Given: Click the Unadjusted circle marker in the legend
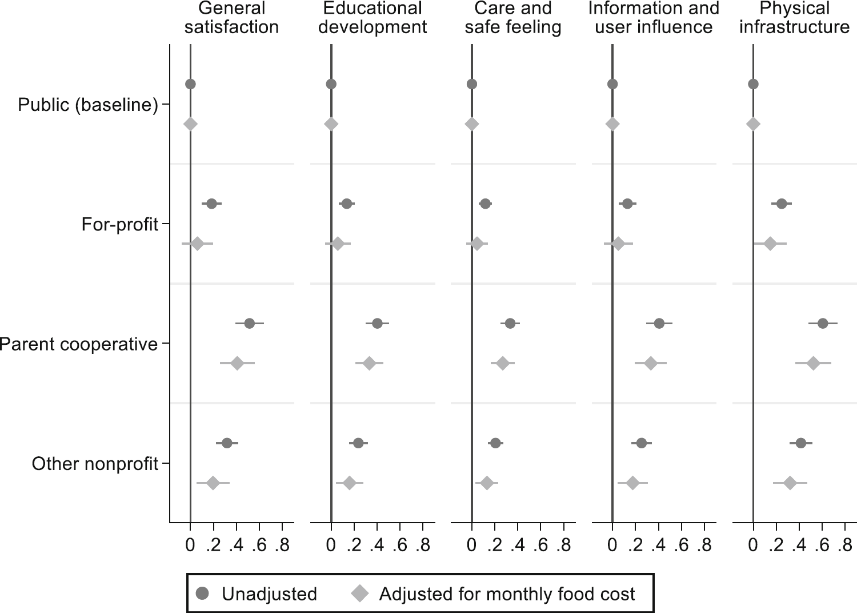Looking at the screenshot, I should (x=202, y=594).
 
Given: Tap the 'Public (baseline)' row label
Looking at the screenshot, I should (x=88, y=105).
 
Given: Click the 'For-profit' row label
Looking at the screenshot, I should (x=119, y=224).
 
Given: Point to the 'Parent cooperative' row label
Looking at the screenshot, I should (x=78, y=344).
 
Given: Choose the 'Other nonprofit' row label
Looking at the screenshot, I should (x=95, y=463).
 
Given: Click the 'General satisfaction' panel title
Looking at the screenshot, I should (x=231, y=18).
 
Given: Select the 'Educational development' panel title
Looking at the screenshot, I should (x=373, y=18).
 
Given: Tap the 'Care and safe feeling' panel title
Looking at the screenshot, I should (x=513, y=18).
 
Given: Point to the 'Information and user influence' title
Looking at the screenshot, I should (x=654, y=18).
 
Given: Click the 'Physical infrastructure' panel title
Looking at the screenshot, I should (x=794, y=18).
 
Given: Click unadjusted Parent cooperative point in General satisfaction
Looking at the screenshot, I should (x=249, y=324).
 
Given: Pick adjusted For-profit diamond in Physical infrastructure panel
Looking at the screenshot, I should (x=770, y=244).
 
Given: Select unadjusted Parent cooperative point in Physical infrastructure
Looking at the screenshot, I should (x=823, y=324).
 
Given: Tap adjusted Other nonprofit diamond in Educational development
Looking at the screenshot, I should (x=350, y=483).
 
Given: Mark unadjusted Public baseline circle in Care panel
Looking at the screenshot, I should (x=472, y=85).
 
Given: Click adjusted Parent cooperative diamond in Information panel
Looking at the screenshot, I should (x=650, y=364).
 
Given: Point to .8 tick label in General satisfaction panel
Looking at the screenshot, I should (x=282, y=546).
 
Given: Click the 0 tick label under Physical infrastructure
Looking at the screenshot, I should (x=753, y=546).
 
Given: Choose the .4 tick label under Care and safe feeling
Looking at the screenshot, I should (x=518, y=546).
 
